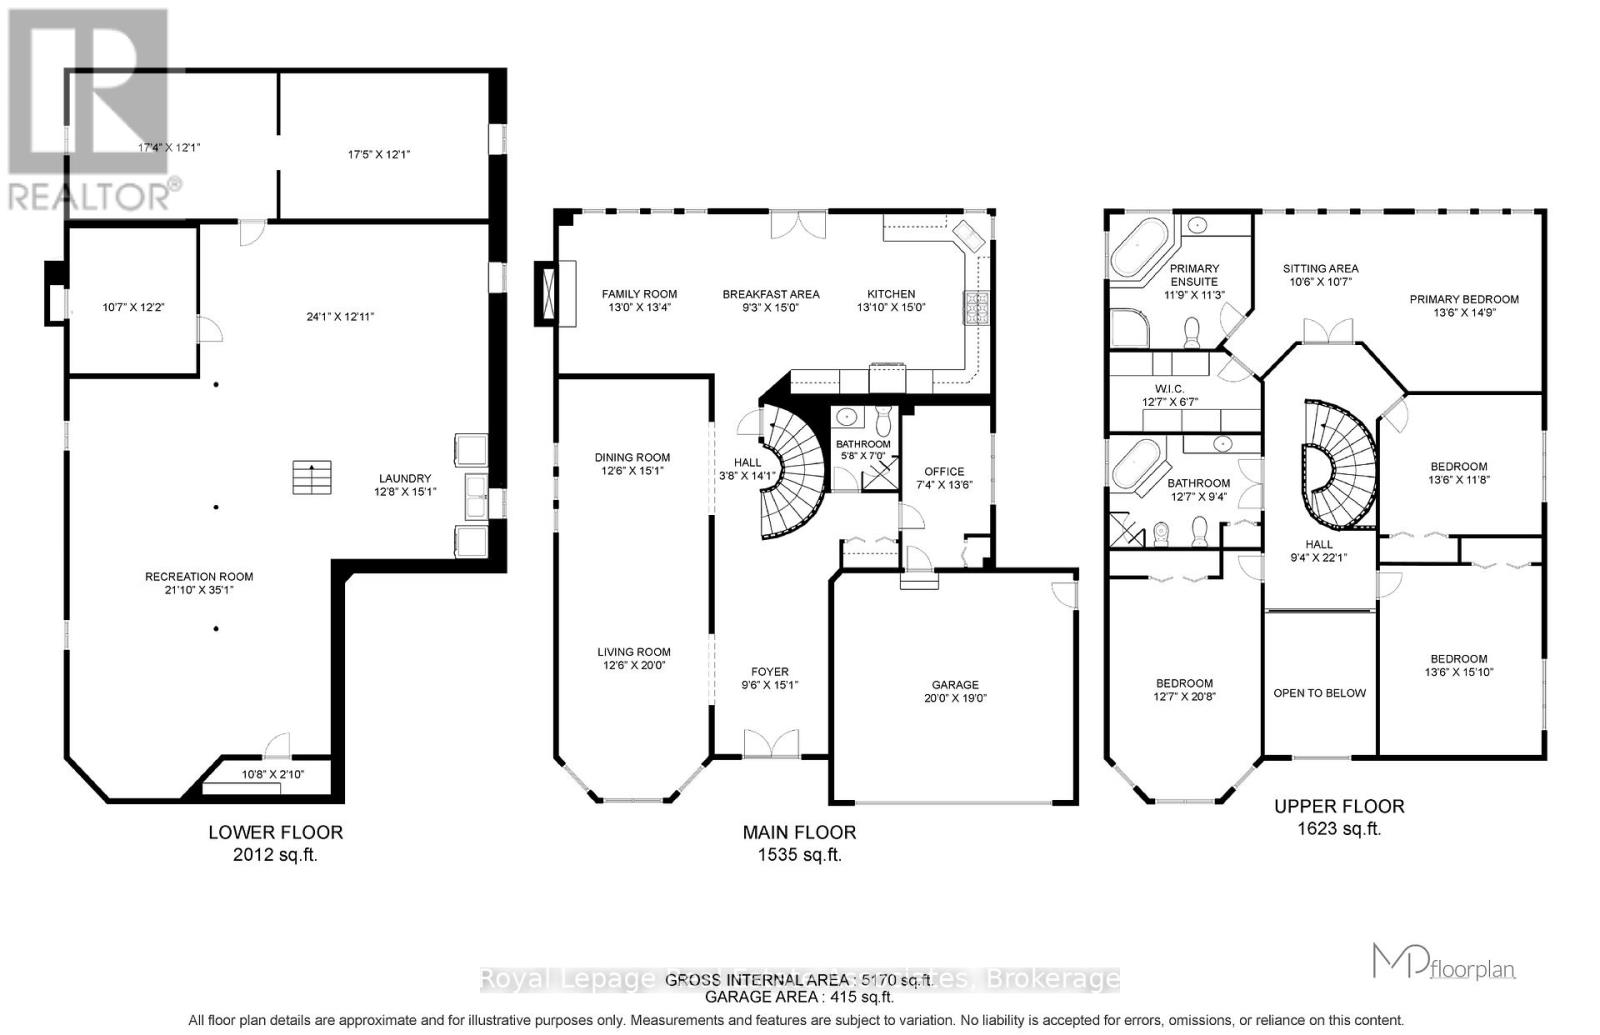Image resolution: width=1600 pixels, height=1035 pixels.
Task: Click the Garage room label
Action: coord(955,685)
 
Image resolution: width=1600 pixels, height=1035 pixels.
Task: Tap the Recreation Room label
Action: coord(199,576)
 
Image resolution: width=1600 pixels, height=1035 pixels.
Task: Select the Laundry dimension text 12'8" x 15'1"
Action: coord(405,492)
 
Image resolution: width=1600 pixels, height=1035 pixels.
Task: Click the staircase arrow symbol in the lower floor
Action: coord(312,477)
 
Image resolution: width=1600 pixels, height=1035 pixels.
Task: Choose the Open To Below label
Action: coord(1319,693)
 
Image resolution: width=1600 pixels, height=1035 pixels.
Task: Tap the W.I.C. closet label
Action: coord(1169,389)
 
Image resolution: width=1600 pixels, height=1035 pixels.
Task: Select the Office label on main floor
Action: coord(944,471)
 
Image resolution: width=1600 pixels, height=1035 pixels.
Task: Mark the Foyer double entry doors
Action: coord(771,744)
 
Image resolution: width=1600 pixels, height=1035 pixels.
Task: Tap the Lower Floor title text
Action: coord(275,832)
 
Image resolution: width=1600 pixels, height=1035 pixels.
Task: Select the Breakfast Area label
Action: coord(771,294)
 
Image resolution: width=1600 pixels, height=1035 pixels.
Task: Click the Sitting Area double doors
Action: coord(1329,331)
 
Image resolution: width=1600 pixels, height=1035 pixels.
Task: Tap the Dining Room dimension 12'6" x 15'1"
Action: coord(633,471)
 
